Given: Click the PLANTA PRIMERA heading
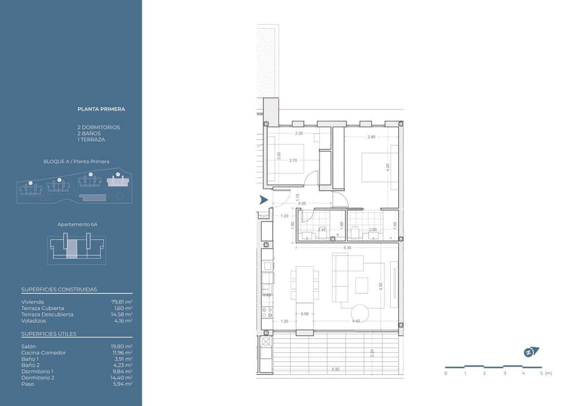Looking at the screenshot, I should [x=101, y=109].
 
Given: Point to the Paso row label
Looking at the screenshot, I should [x=27, y=384].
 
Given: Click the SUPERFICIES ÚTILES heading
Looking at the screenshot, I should [x=49, y=334].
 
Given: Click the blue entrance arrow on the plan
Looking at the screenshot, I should [x=264, y=200].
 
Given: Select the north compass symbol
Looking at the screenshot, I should [x=531, y=352].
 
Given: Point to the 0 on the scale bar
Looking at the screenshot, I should [x=446, y=373].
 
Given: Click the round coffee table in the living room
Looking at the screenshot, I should [x=360, y=313].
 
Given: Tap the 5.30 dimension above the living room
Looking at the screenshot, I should [x=347, y=248].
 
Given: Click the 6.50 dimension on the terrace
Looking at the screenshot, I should [x=335, y=369].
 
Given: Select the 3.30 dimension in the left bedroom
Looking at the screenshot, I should [x=299, y=133].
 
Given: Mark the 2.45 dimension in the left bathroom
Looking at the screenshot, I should [x=322, y=230].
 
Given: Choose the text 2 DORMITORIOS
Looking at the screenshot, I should [x=99, y=127].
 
